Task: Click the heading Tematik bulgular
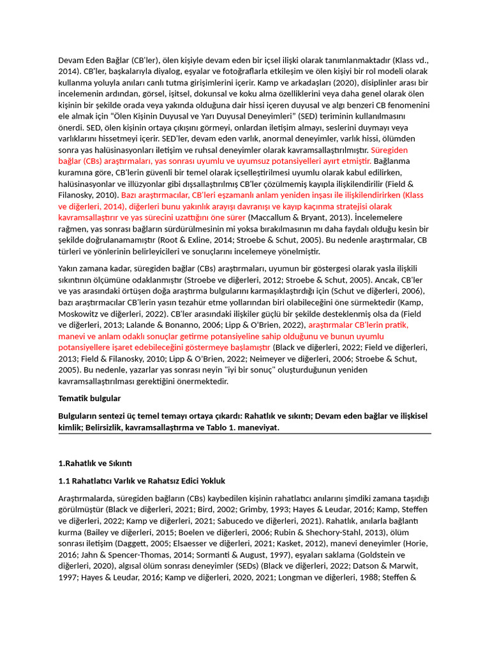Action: (x=89, y=399)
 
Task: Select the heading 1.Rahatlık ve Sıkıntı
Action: (x=94, y=463)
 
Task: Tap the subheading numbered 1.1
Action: (x=142, y=480)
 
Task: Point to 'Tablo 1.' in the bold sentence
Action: (x=200, y=428)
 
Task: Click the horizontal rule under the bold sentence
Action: (x=244, y=434)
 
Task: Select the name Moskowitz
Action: (x=79, y=313)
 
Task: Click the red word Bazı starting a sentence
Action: (x=130, y=194)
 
